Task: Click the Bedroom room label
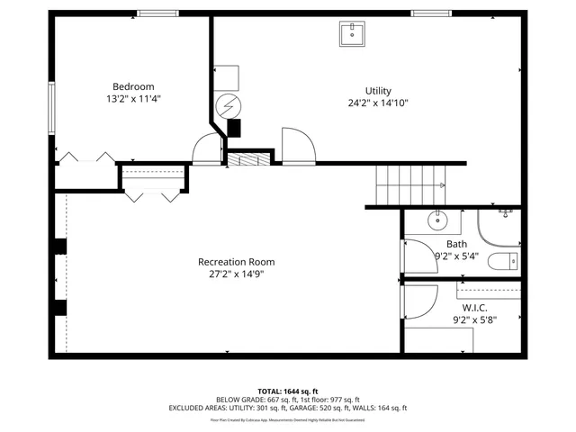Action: tap(133, 86)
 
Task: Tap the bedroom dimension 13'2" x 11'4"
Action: tap(133, 99)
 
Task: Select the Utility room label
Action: tap(378, 91)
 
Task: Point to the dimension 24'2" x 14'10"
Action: tap(378, 103)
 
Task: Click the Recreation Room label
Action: tap(237, 262)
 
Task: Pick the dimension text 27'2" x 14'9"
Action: tap(237, 274)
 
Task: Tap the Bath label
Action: tap(456, 244)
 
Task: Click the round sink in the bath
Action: tap(439, 219)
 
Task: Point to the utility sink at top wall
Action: tap(352, 34)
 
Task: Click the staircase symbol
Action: tap(410, 184)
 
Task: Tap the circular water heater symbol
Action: tap(229, 104)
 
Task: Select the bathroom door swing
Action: tap(419, 256)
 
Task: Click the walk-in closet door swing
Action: tap(420, 302)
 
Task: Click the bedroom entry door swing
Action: tap(208, 148)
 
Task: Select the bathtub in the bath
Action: tap(499, 227)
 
